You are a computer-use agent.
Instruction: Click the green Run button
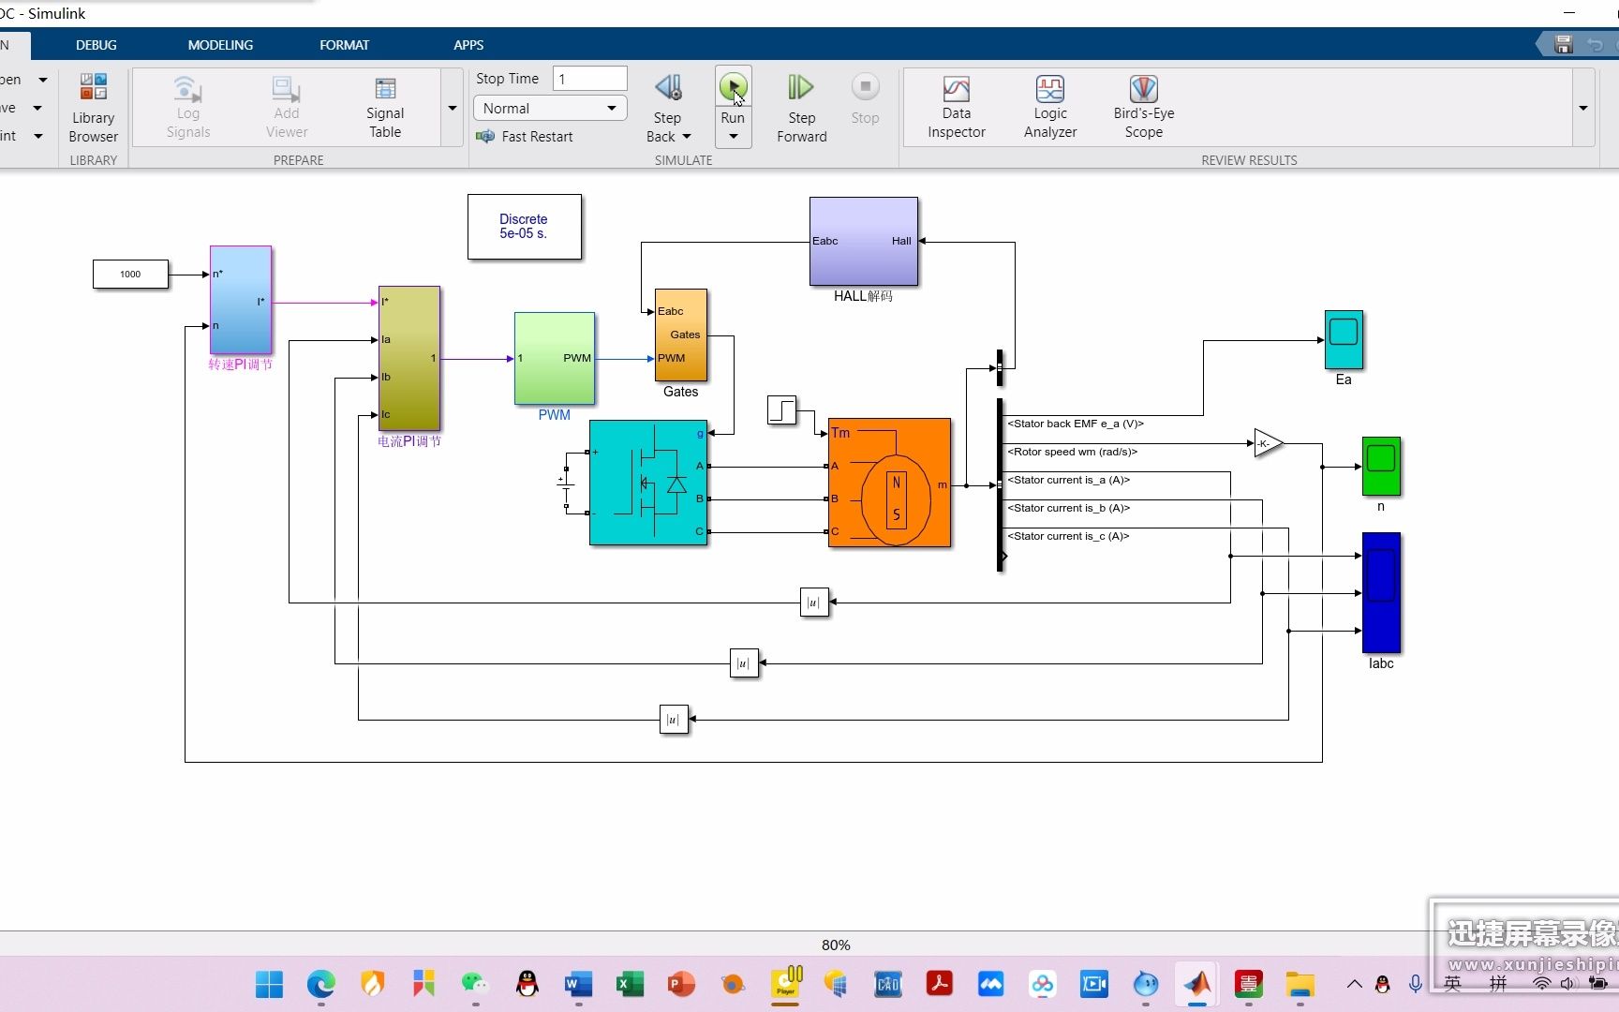[x=733, y=88]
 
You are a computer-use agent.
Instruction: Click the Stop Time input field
[x=589, y=79]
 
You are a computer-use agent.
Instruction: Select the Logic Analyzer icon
[x=1049, y=90]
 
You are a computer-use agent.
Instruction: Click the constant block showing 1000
[x=130, y=275]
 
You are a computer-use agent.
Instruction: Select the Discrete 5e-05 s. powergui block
[x=524, y=227]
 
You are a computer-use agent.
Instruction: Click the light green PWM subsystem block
[x=554, y=358]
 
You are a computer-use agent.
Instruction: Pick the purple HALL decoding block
[x=863, y=241]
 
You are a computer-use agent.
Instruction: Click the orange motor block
[x=889, y=483]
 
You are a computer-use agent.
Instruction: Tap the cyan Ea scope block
[x=1343, y=339]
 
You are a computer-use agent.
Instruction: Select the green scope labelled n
[x=1380, y=466]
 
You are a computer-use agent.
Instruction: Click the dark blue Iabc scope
[x=1380, y=592]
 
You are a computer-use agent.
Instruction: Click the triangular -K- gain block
[x=1267, y=444]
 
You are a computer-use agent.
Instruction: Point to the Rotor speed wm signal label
[x=1072, y=452]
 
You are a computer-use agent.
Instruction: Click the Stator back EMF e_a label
[x=1075, y=424]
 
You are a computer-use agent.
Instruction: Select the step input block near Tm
[x=780, y=409]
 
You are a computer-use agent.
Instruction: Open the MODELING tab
[x=220, y=45]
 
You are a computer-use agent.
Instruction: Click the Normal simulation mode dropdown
[x=549, y=109]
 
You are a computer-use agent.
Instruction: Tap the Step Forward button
[x=801, y=107]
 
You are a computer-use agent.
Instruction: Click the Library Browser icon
[x=93, y=107]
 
